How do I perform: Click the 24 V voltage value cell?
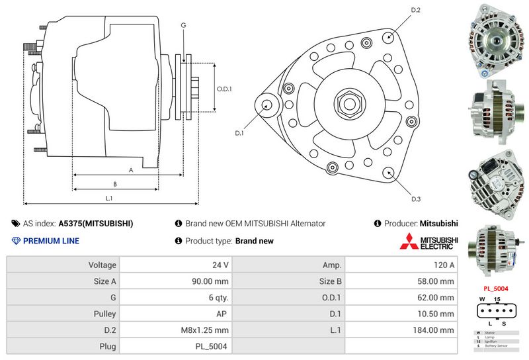tap(220, 265)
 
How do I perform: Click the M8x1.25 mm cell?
tap(205, 330)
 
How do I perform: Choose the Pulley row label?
tap(106, 313)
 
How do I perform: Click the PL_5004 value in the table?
tap(213, 346)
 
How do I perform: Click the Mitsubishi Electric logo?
tap(428, 242)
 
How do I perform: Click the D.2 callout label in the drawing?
tap(416, 10)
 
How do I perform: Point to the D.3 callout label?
tap(416, 199)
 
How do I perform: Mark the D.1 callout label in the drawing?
tap(239, 133)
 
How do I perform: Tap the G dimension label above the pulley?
tap(183, 25)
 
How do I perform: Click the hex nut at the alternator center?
tap(347, 103)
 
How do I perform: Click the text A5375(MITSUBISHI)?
tap(96, 224)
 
